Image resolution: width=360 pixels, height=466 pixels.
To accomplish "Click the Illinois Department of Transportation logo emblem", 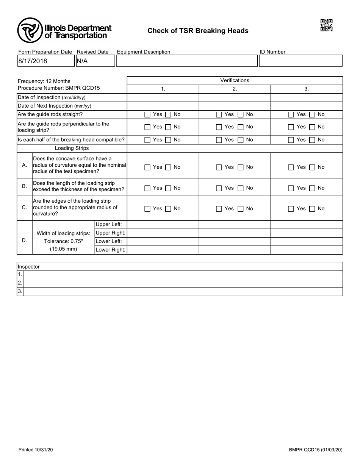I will tap(30, 30).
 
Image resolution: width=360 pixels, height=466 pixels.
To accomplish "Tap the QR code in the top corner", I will tap(326, 25).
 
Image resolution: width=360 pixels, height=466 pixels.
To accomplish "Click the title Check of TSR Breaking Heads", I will tap(198, 31).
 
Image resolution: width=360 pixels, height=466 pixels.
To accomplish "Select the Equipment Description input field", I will tap(187, 61).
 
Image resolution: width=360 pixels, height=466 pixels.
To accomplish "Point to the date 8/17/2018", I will tap(33, 61).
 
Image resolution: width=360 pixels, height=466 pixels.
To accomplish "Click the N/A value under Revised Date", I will tap(82, 61).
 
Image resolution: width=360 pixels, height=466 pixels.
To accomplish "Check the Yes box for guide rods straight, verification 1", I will tap(147, 114).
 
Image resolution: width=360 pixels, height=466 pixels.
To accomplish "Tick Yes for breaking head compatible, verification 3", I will tap(291, 140).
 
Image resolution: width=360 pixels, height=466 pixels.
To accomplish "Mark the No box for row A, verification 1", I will tap(168, 167).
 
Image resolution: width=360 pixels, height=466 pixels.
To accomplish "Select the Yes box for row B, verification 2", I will tap(219, 188).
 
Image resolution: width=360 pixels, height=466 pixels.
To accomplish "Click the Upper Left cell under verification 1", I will tap(163, 225).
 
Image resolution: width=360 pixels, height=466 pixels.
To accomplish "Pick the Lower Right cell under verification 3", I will tap(307, 250).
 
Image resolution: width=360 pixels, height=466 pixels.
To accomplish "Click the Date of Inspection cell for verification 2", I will tap(235, 97).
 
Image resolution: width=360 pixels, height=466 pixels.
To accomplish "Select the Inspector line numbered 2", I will tap(183, 283).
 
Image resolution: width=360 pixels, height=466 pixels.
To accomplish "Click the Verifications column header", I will tap(235, 80).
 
